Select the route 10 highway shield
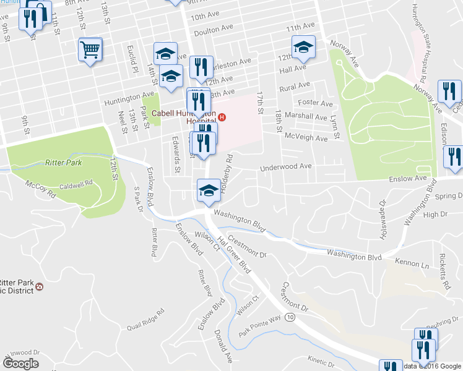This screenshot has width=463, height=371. [290, 317]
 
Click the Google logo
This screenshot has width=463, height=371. [21, 363]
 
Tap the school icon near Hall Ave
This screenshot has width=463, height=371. [303, 46]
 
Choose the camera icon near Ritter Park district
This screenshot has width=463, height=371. [40, 286]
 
